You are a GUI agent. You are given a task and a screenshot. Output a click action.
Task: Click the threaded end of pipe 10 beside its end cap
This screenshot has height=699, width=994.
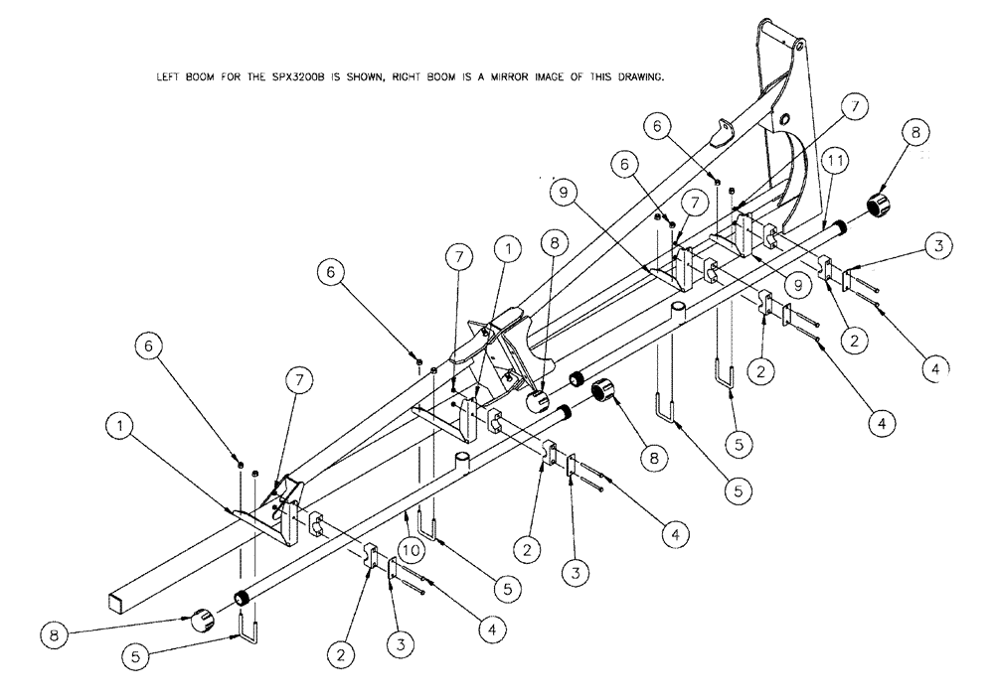[x=241, y=598]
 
